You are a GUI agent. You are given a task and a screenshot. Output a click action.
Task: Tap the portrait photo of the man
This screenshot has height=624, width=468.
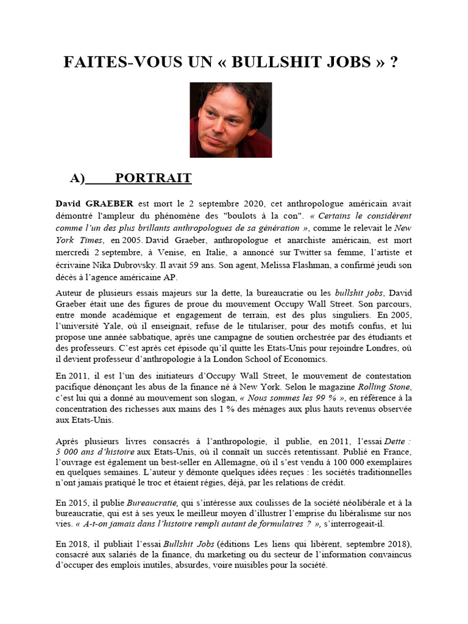click(230, 120)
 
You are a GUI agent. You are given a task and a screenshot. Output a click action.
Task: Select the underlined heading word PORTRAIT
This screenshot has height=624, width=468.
click(154, 178)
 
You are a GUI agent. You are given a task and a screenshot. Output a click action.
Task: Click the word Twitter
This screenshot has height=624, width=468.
click(303, 252)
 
